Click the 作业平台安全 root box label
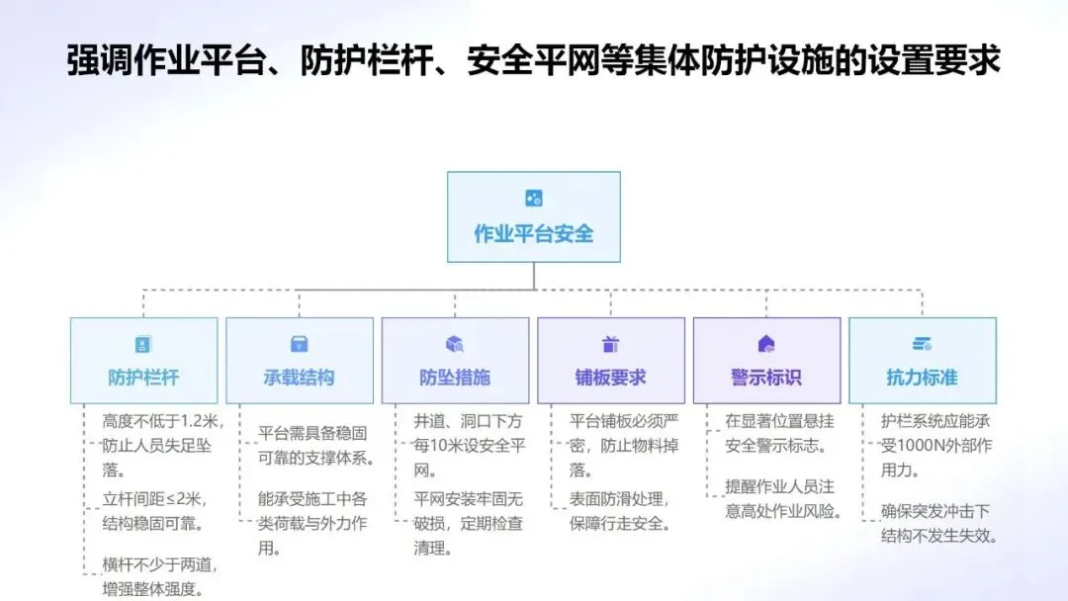point(534,234)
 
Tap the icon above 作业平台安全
point(534,198)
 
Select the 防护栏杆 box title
point(143,377)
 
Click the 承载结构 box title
point(299,377)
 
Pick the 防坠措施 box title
point(455,377)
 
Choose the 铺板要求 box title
point(610,377)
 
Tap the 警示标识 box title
point(766,377)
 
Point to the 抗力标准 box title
point(922,377)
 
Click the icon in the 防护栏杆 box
point(143,344)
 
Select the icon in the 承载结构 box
point(299,344)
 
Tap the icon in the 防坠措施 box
point(455,344)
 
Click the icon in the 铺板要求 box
point(610,344)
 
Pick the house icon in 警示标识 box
point(766,344)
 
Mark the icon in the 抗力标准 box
point(922,344)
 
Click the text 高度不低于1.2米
point(162,420)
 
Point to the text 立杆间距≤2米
point(154,498)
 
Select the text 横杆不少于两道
point(159,564)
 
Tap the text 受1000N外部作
point(935,446)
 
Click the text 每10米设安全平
point(468,446)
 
